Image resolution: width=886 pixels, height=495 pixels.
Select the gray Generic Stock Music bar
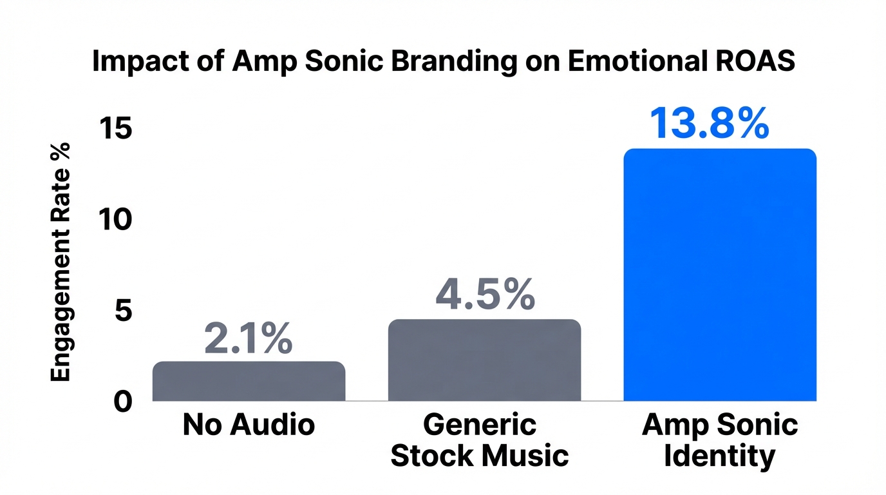coord(484,360)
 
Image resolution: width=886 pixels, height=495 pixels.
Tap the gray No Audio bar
coord(249,382)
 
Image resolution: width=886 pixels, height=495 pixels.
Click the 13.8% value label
coord(709,123)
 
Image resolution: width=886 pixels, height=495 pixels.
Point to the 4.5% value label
coord(485,294)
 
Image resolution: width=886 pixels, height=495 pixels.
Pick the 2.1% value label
coord(248,339)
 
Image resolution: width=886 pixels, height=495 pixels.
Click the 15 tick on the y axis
coord(117,130)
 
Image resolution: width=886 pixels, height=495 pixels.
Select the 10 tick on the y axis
coord(117,220)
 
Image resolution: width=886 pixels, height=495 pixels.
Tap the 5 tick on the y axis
coord(123,311)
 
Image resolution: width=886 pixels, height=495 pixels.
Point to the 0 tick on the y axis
coord(123,402)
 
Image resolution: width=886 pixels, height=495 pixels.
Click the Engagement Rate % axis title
coord(61,262)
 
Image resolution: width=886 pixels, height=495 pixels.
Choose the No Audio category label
coord(249,425)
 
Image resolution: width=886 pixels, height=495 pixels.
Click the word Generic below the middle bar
coord(480,425)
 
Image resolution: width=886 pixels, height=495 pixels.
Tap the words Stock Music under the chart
coord(480,456)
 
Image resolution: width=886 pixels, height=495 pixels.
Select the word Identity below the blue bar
coord(719,456)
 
